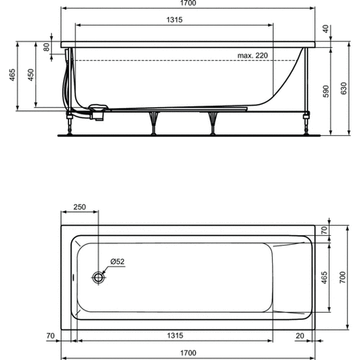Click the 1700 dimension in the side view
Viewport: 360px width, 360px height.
[188, 5]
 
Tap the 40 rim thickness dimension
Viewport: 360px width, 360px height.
[325, 30]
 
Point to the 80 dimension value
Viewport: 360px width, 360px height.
[48, 46]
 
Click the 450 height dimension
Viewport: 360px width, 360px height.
[31, 74]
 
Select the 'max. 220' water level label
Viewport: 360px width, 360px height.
[253, 55]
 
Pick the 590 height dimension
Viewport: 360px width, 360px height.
[325, 92]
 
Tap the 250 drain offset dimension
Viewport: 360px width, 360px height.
[80, 207]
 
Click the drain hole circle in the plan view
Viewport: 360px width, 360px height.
[99, 277]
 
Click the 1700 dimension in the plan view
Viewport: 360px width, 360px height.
[189, 352]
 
